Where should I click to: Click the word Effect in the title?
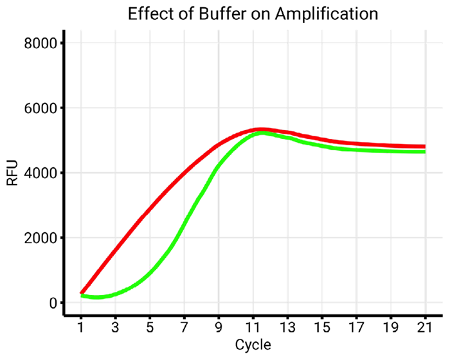[148, 14]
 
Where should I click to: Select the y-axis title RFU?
[12, 173]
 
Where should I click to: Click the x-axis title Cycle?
[253, 345]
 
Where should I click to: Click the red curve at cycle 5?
[150, 210]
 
